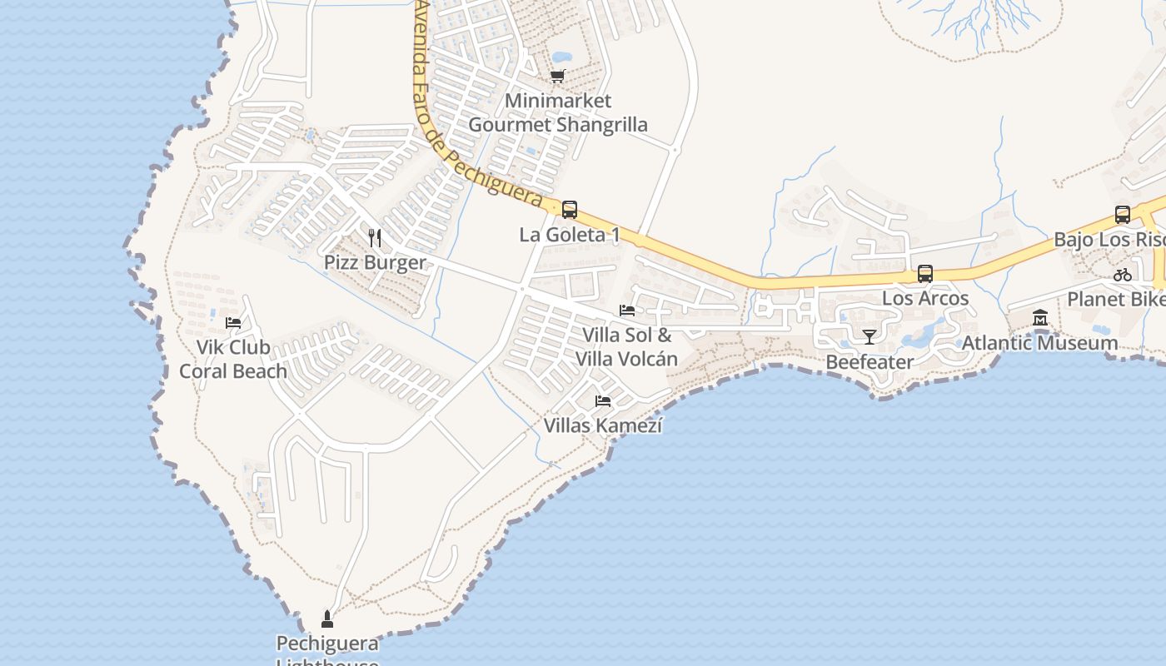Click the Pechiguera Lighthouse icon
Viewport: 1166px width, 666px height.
click(x=327, y=619)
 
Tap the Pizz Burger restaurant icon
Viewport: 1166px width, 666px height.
click(x=375, y=239)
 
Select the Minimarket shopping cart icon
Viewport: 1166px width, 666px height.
click(x=557, y=77)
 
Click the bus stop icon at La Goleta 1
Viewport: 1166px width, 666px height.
click(x=570, y=210)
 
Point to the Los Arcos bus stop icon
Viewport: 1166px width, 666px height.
click(x=924, y=273)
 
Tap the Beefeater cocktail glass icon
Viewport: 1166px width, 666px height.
click(x=870, y=336)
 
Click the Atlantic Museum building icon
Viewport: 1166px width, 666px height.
click(x=1039, y=318)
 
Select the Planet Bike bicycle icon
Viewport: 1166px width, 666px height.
click(x=1123, y=275)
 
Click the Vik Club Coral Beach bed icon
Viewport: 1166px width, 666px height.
click(x=233, y=322)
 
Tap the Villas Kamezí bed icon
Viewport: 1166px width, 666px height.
click(x=603, y=401)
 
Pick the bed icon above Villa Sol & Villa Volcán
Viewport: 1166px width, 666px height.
click(x=627, y=311)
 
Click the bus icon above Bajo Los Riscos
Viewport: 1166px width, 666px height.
click(x=1123, y=215)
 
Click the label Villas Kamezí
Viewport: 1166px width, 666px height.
click(x=603, y=425)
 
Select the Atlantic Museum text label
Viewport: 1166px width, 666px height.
click(x=1039, y=342)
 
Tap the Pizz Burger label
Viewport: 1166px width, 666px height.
click(x=375, y=263)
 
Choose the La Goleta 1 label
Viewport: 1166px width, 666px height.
click(x=570, y=235)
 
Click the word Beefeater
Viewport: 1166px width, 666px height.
click(x=870, y=361)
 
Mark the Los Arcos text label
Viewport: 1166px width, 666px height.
click(x=925, y=298)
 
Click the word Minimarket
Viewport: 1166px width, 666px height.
click(x=558, y=101)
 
